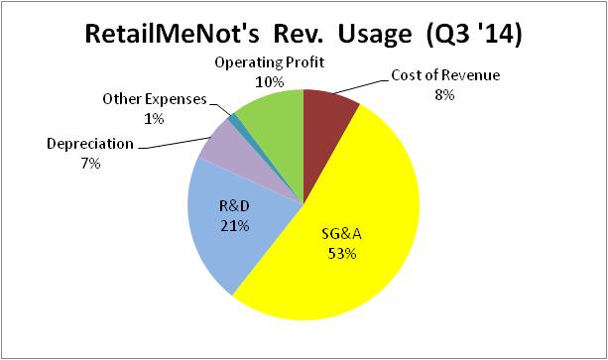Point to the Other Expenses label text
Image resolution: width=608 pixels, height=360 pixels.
click(155, 100)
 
